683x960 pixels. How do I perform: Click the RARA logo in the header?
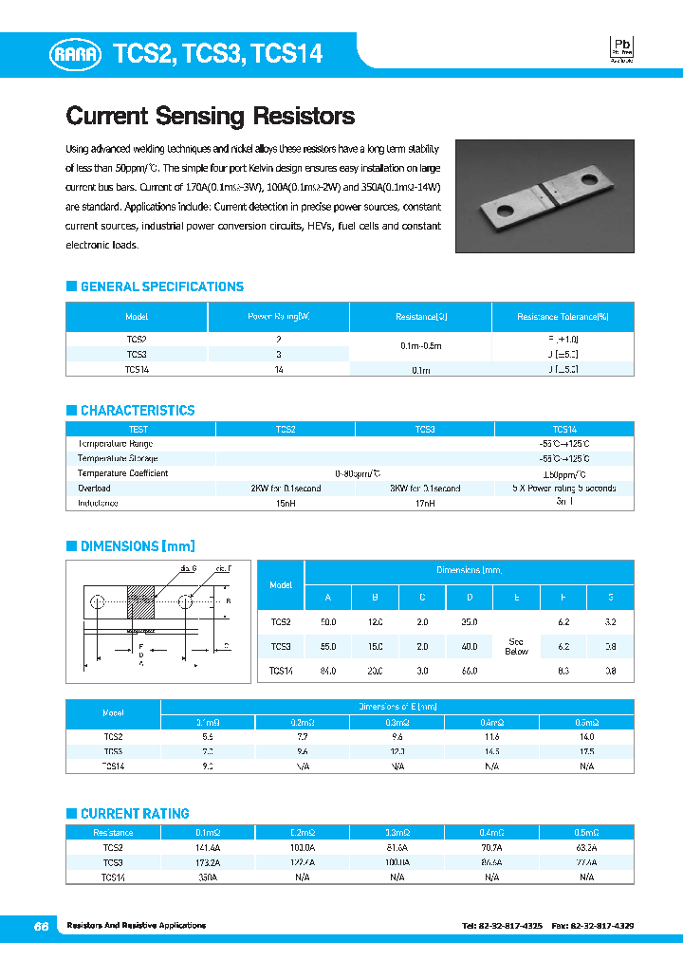[75, 55]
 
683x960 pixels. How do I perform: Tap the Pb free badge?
[621, 49]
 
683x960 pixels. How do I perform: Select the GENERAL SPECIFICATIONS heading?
[161, 286]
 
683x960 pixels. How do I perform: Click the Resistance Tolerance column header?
[563, 317]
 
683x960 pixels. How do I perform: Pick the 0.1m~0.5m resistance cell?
[420, 346]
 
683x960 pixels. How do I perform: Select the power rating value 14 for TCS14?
[278, 369]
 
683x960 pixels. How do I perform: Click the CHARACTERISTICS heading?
[137, 411]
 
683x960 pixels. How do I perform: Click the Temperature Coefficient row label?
[122, 473]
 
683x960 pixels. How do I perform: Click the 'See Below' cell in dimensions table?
[516, 646]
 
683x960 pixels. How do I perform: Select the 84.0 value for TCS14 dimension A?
[328, 672]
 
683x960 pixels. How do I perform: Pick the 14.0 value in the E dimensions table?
[586, 736]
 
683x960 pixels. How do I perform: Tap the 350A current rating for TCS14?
[208, 878]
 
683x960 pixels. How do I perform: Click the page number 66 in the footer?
[41, 926]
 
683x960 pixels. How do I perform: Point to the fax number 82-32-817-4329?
[607, 925]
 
